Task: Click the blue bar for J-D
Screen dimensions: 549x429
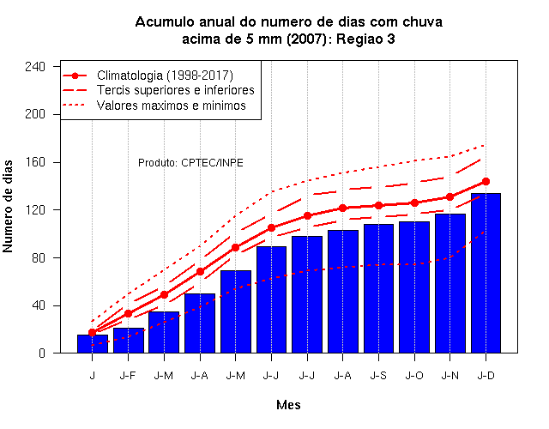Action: [486, 273]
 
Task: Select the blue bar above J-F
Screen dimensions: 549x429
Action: [128, 340]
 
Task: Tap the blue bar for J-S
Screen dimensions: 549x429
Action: [378, 288]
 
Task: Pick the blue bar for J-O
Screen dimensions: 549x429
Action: [414, 287]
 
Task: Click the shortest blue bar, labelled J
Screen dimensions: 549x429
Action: [93, 343]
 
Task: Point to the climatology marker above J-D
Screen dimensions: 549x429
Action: [486, 181]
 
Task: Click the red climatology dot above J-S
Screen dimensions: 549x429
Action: [378, 206]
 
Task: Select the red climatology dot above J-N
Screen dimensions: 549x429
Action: [449, 197]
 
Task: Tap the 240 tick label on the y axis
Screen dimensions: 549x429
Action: [35, 67]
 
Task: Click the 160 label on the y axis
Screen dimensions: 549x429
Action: [35, 162]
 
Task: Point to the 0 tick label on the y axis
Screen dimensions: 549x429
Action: [42, 353]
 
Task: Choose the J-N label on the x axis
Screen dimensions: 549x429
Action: [449, 376]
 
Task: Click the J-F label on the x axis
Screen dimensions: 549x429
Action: [128, 376]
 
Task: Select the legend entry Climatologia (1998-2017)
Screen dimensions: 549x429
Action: [165, 76]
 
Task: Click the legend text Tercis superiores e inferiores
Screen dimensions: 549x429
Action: [175, 90]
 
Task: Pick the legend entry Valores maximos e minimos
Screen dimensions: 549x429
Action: [172, 106]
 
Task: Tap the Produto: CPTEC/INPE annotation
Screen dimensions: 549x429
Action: [190, 163]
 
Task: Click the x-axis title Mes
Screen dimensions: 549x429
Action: [288, 405]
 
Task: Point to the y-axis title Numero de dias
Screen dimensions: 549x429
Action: [8, 206]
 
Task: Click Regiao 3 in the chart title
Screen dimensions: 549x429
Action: [365, 39]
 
